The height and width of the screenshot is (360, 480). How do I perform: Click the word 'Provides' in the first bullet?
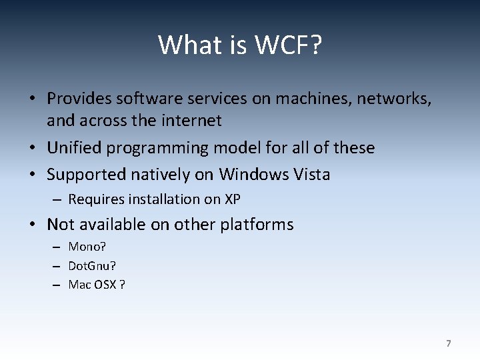(79, 99)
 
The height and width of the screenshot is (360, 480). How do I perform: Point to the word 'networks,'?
(394, 99)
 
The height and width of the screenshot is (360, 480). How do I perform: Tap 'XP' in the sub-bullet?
(233, 199)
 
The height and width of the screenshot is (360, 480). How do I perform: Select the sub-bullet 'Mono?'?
(87, 247)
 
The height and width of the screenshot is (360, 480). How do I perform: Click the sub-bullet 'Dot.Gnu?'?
(92, 266)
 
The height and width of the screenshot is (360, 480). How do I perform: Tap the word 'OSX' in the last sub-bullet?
(103, 285)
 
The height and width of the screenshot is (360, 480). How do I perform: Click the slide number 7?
(448, 343)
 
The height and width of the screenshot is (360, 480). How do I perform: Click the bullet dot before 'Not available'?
(32, 225)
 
